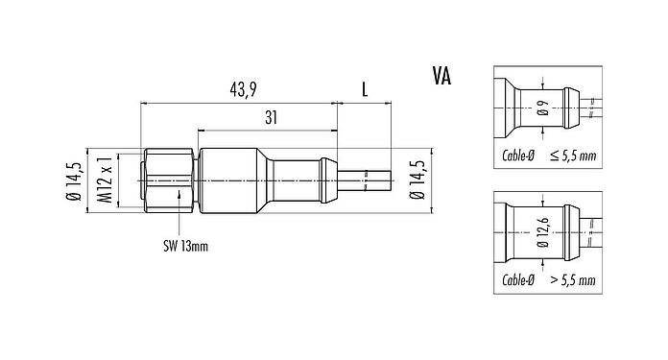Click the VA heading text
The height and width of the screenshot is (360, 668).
point(444,74)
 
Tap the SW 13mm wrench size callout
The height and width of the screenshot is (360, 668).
point(183,245)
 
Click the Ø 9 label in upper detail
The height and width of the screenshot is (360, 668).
point(542,108)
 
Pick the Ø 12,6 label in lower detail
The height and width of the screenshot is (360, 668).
point(542,233)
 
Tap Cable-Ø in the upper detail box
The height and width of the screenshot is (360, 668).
point(518,155)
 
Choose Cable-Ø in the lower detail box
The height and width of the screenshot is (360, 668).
point(518,280)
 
